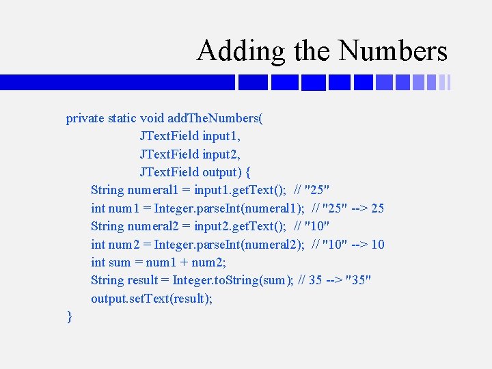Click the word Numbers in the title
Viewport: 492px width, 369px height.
(393, 51)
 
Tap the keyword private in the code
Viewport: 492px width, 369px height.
(85, 118)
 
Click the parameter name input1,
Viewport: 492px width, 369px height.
(221, 136)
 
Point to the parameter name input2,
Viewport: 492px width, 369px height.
(221, 154)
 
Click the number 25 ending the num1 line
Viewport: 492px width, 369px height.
(377, 208)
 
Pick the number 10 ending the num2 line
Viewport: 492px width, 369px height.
(377, 244)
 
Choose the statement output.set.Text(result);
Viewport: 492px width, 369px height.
(152, 299)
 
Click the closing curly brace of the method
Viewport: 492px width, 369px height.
(70, 316)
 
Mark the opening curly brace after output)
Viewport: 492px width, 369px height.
(247, 172)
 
